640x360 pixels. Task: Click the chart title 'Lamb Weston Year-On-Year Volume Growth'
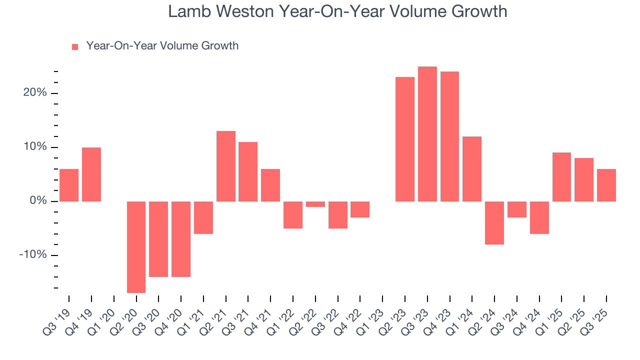point(337,11)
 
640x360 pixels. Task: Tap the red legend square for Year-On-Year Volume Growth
point(75,46)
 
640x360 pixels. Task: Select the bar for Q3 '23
point(427,134)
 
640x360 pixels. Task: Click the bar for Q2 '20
point(136,247)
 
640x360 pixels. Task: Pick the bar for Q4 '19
point(91,174)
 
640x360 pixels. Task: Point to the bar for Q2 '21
point(225,166)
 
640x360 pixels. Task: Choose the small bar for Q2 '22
point(315,204)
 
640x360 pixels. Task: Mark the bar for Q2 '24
point(494,223)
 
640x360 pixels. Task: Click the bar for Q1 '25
point(561,177)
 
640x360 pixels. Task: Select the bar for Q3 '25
point(606,185)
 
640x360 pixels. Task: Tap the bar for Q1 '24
point(472,169)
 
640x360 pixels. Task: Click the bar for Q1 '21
point(203,217)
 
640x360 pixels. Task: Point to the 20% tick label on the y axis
point(34,93)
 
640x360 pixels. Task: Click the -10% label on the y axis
point(33,255)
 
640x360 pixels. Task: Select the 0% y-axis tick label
point(37,201)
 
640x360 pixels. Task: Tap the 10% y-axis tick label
point(34,147)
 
